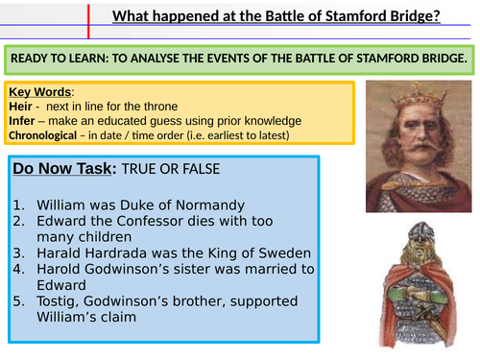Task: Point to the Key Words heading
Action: (x=40, y=92)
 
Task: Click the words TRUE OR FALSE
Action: (x=188, y=169)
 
